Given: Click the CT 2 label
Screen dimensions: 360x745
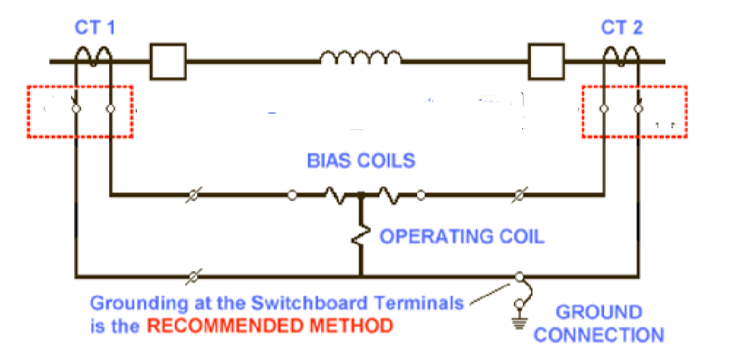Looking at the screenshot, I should (x=622, y=28).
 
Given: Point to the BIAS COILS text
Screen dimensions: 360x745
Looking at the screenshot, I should (x=361, y=161).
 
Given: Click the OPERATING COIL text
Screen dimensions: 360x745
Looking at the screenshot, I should (x=462, y=237).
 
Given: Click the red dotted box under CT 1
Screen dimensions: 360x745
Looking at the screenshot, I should (x=80, y=111).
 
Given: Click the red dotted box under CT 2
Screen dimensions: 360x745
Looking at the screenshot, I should (x=635, y=111).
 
